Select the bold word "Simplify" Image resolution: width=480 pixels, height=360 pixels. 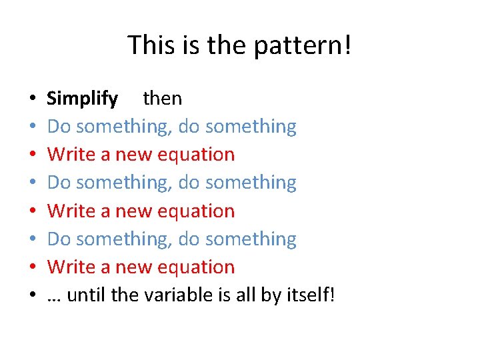pyautogui.click(x=83, y=99)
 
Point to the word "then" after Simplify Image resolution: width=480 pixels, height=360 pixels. pyautogui.click(x=162, y=99)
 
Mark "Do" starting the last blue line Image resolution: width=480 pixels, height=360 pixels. pyautogui.click(x=59, y=239)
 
